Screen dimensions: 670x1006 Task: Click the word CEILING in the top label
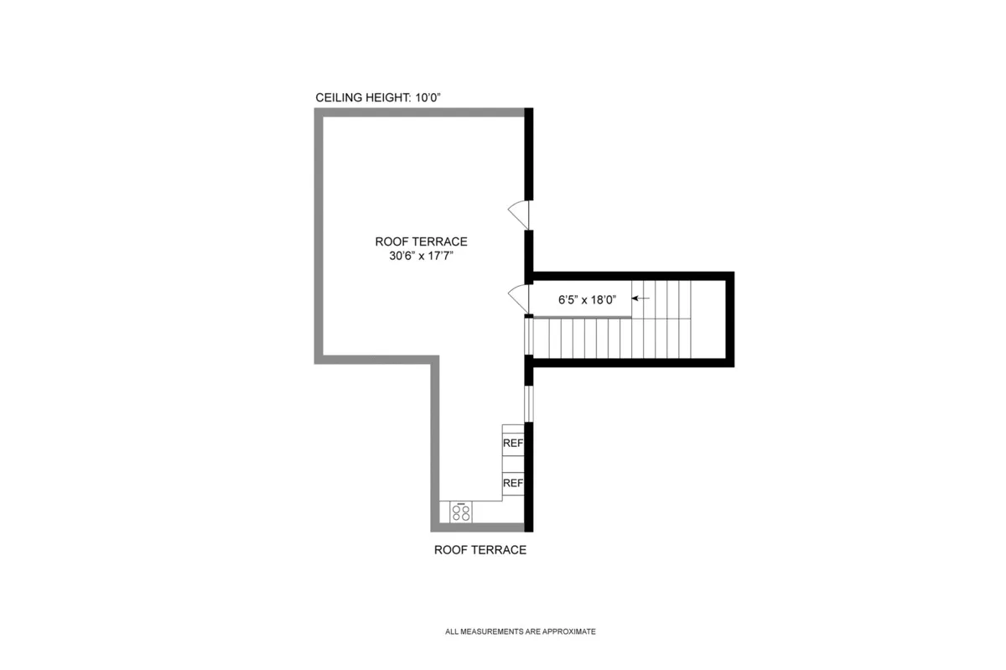(x=339, y=98)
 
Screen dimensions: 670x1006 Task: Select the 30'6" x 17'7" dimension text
(x=422, y=256)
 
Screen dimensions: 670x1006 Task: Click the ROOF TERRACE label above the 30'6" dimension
(x=422, y=242)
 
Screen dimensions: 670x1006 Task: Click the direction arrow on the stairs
(x=640, y=298)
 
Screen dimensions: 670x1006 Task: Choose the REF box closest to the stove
(x=512, y=483)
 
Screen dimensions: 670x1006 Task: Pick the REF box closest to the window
(x=512, y=443)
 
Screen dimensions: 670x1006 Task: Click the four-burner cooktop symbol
(x=461, y=512)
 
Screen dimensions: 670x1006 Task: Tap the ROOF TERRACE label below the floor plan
(x=480, y=550)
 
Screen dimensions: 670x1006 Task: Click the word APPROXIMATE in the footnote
(x=572, y=632)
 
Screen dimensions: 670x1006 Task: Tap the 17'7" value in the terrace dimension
(x=449, y=256)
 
